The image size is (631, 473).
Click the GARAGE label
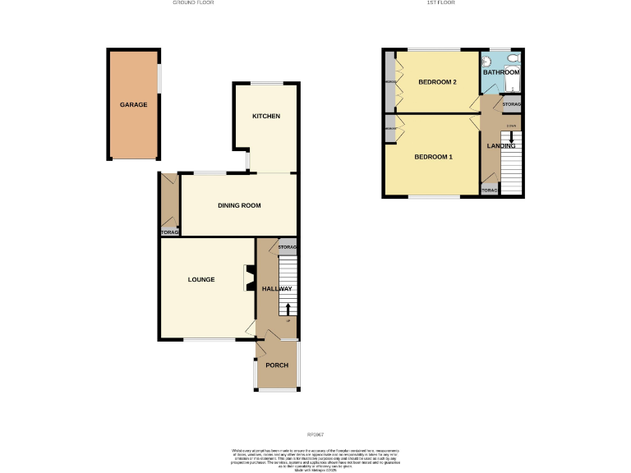point(132,106)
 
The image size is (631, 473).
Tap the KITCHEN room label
point(266,117)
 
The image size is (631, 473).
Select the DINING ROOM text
point(239,205)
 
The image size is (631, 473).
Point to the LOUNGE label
point(201,280)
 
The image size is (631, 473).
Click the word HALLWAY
point(277,289)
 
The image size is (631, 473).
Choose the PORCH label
point(276,365)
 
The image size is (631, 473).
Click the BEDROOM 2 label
point(437,82)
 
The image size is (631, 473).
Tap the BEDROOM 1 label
point(433,157)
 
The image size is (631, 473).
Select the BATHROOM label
point(501,73)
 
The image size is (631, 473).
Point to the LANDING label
point(501,146)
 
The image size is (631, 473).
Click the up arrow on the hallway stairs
point(288,308)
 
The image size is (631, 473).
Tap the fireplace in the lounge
point(248,278)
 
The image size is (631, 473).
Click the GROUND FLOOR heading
point(195,3)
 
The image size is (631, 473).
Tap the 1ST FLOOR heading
point(440,3)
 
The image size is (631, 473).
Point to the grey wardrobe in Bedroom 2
point(389,82)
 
